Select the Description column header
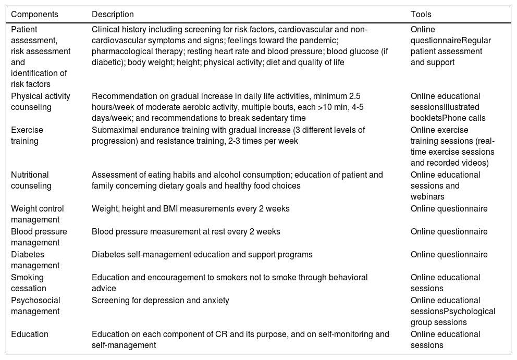coord(113,15)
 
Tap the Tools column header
coord(421,15)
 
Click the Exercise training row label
coord(27,135)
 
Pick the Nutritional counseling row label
coord(31,180)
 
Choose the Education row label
coord(30,334)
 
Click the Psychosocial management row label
coord(35,305)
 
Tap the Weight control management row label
coord(37,214)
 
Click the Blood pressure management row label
coord(39,237)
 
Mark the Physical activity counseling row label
coord(41,102)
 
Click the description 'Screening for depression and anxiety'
coord(161,300)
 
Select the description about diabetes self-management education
coord(202,255)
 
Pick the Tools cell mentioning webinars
coord(445,185)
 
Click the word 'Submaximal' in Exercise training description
coord(112,130)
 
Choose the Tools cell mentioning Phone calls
coord(448,107)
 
